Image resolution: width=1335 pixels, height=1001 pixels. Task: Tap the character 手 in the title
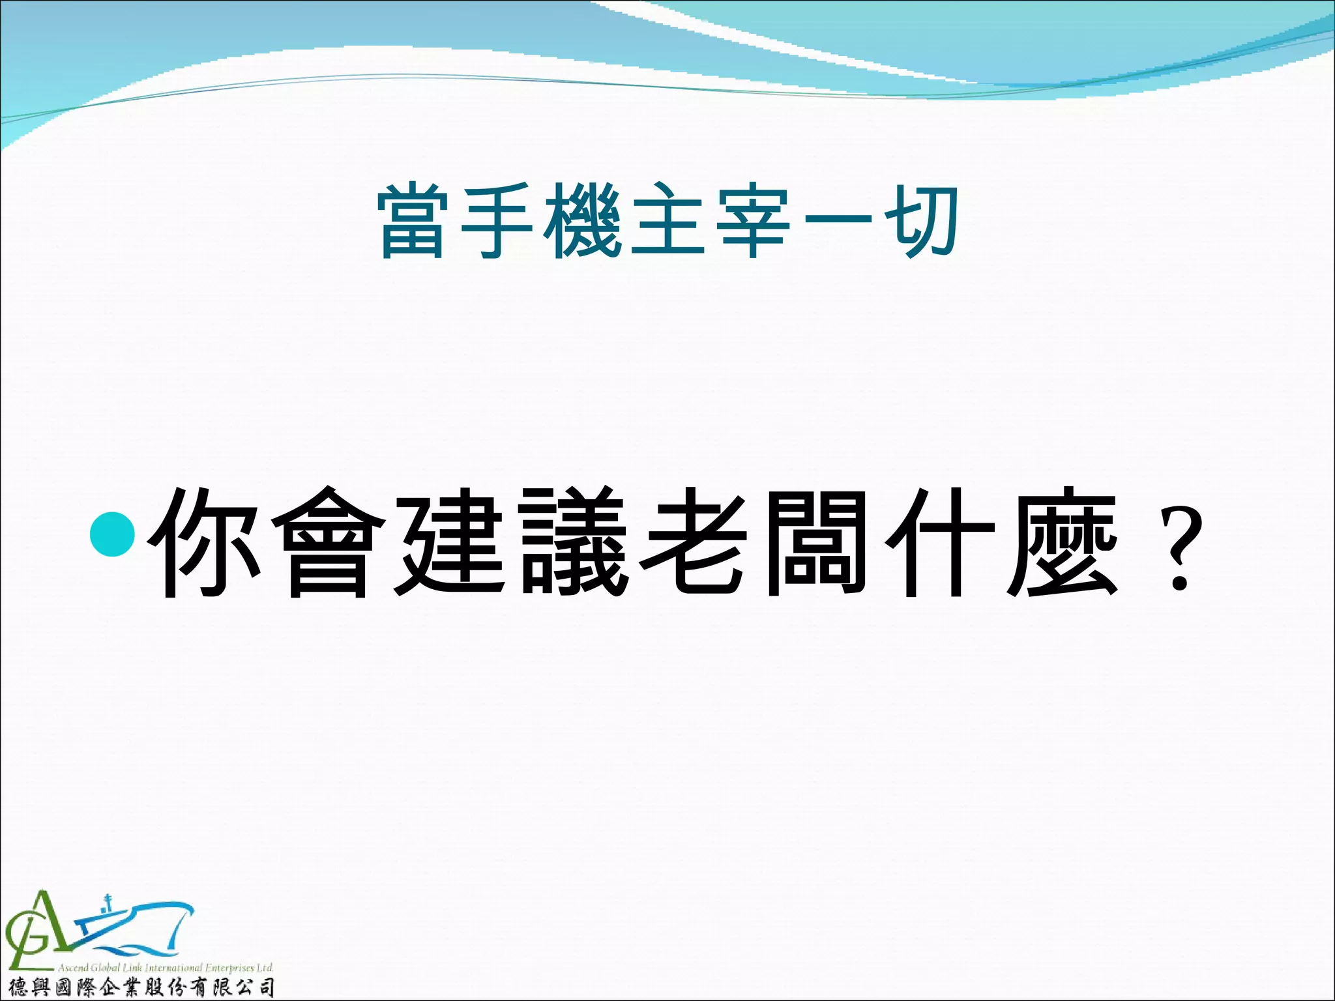(498, 222)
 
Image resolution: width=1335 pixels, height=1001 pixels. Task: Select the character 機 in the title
(583, 222)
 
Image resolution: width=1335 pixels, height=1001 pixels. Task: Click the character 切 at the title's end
(922, 222)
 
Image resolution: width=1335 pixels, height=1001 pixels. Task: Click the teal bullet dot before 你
(113, 532)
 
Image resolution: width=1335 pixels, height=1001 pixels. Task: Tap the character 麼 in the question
(1063, 542)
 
